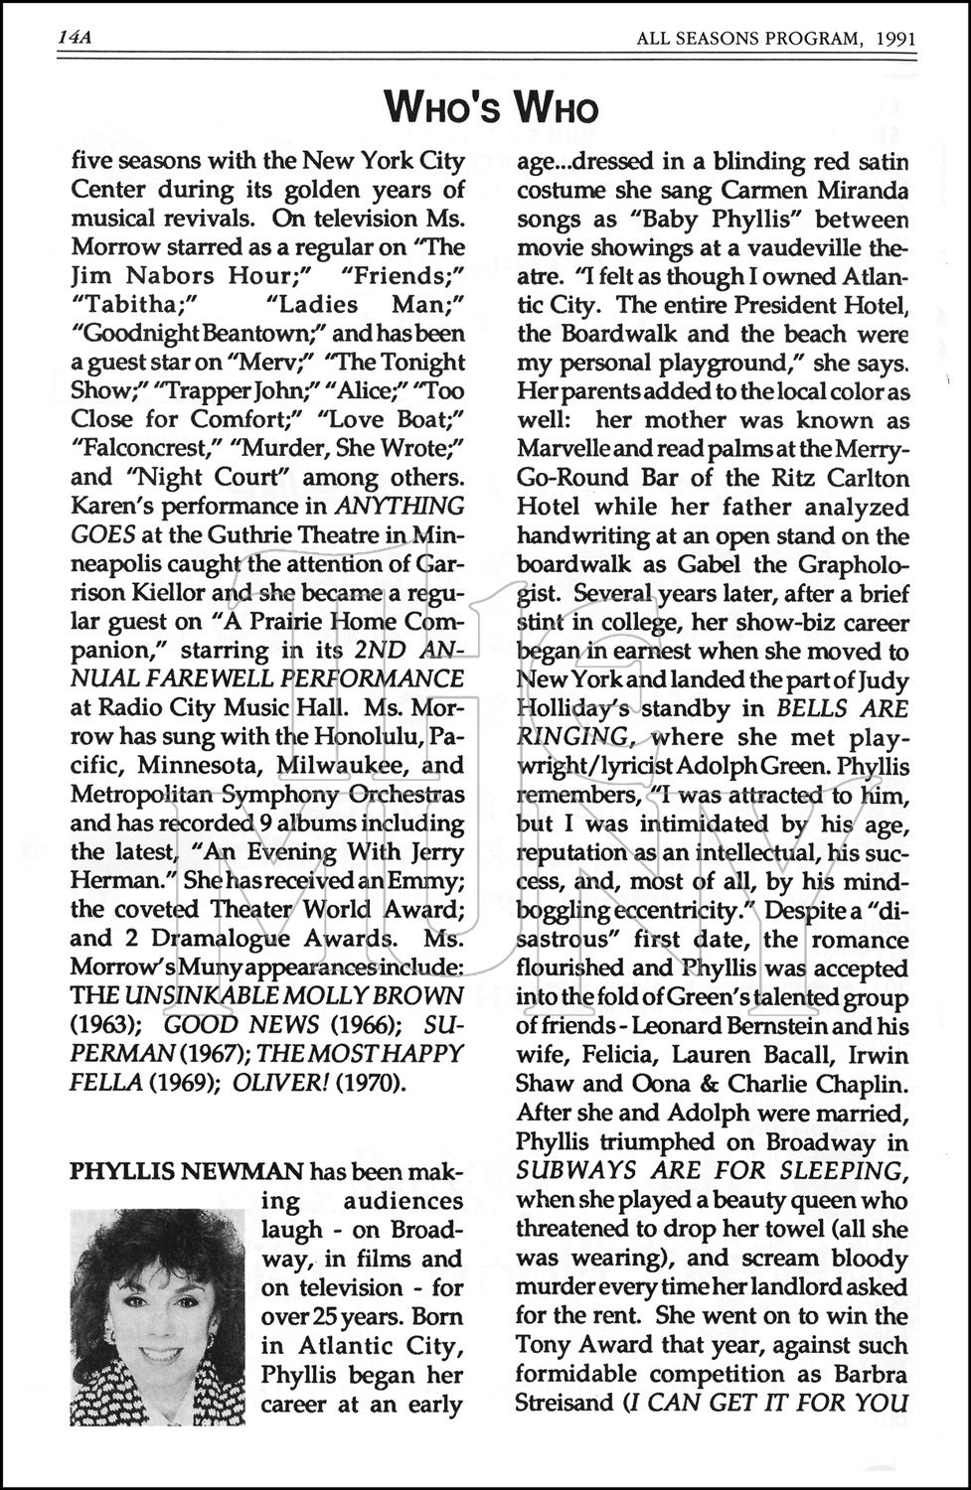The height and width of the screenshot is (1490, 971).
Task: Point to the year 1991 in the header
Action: click(894, 39)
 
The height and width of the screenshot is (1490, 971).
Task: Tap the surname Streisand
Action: click(564, 1404)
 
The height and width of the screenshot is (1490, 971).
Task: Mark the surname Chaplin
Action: click(862, 1085)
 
